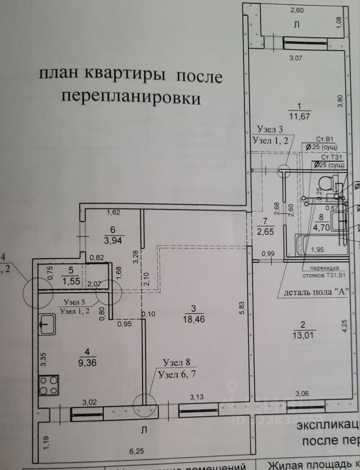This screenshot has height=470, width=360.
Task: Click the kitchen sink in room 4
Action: pyautogui.click(x=48, y=324)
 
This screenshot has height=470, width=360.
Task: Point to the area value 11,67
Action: pyautogui.click(x=300, y=116)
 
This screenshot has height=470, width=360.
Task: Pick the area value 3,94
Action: pyautogui.click(x=113, y=240)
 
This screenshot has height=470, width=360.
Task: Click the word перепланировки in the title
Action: pyautogui.click(x=131, y=98)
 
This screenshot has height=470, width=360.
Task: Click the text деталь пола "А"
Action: pyautogui.click(x=315, y=293)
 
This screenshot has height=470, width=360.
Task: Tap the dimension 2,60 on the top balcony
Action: pyautogui.click(x=297, y=10)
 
